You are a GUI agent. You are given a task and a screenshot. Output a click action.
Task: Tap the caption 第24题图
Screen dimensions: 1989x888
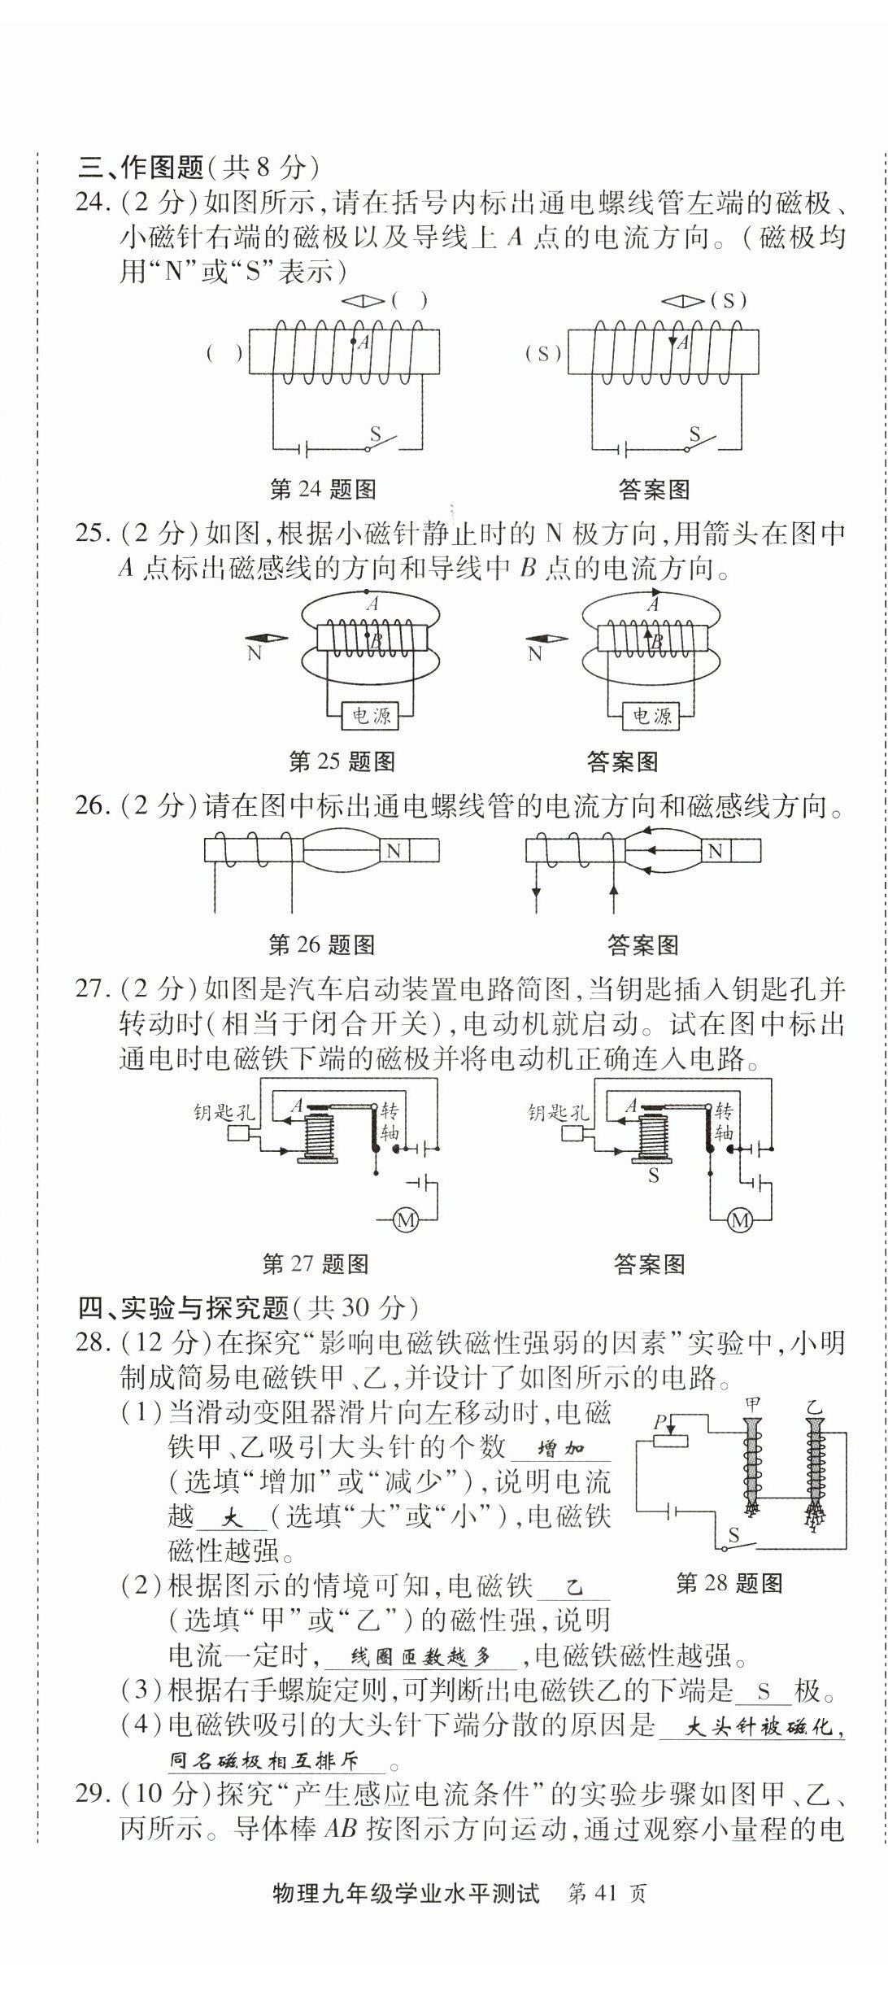coord(322,489)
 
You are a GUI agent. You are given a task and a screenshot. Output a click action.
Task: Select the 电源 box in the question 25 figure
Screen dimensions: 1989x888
coord(371,716)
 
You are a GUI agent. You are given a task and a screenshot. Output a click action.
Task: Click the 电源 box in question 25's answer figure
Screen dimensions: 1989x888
coord(651,716)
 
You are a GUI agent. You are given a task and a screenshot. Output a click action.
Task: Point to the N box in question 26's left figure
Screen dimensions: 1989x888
coord(394,851)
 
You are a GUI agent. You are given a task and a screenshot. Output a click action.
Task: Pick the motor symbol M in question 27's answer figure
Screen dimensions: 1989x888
coord(739,1220)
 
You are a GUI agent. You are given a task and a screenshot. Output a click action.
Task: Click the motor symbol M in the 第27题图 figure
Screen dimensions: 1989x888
coord(405,1220)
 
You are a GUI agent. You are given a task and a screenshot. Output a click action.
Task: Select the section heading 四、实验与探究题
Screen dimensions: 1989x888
coord(183,1307)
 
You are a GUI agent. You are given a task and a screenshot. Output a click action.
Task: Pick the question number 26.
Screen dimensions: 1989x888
coord(89,806)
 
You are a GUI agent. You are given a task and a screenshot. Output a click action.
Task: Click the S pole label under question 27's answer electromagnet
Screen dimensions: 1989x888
coord(653,1176)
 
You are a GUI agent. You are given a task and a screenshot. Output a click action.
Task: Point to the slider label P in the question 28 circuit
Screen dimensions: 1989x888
coord(661,1421)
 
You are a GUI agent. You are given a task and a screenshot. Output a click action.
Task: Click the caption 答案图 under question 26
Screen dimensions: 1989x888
coord(642,945)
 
